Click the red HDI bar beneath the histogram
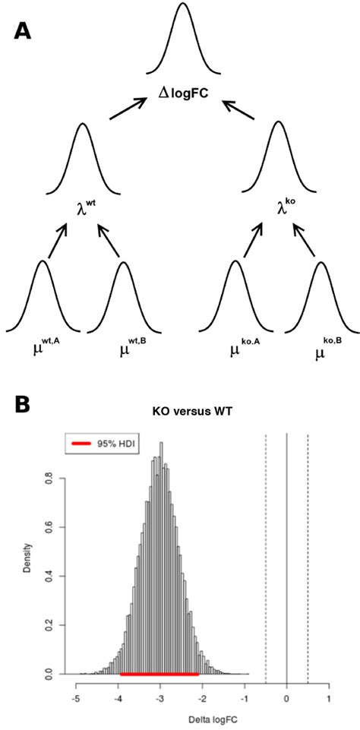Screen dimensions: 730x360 [159, 673]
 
